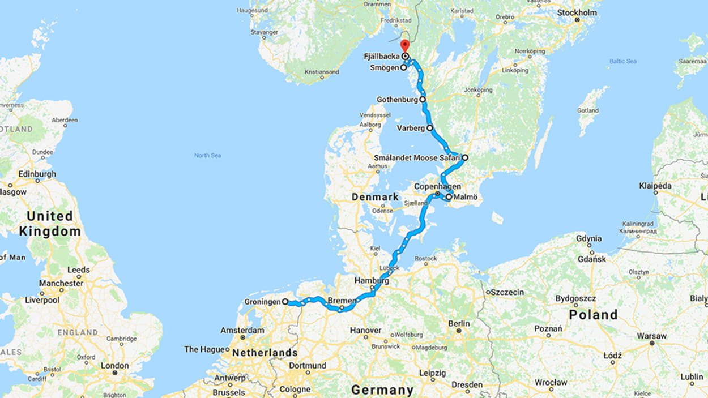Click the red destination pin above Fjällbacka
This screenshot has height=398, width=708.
click(x=404, y=45)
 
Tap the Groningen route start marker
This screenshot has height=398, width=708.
click(x=285, y=302)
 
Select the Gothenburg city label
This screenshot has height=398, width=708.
click(x=397, y=100)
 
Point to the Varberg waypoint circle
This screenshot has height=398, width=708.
click(x=430, y=128)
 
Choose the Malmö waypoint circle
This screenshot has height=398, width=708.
click(x=449, y=198)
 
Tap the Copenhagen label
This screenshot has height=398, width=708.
click(x=437, y=186)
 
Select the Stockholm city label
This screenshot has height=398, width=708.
click(x=577, y=12)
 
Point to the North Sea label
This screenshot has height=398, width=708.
click(x=207, y=155)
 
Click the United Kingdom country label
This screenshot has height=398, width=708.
click(x=50, y=224)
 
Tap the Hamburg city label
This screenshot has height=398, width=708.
click(x=372, y=281)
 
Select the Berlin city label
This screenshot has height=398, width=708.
click(x=459, y=323)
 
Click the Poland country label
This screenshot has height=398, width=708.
click(x=593, y=315)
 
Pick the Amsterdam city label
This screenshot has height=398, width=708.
click(x=242, y=330)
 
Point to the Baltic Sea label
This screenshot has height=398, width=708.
click(x=623, y=61)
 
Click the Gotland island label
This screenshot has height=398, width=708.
click(x=588, y=110)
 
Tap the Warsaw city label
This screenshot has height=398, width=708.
click(x=651, y=336)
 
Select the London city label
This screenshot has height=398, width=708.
click(x=115, y=366)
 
